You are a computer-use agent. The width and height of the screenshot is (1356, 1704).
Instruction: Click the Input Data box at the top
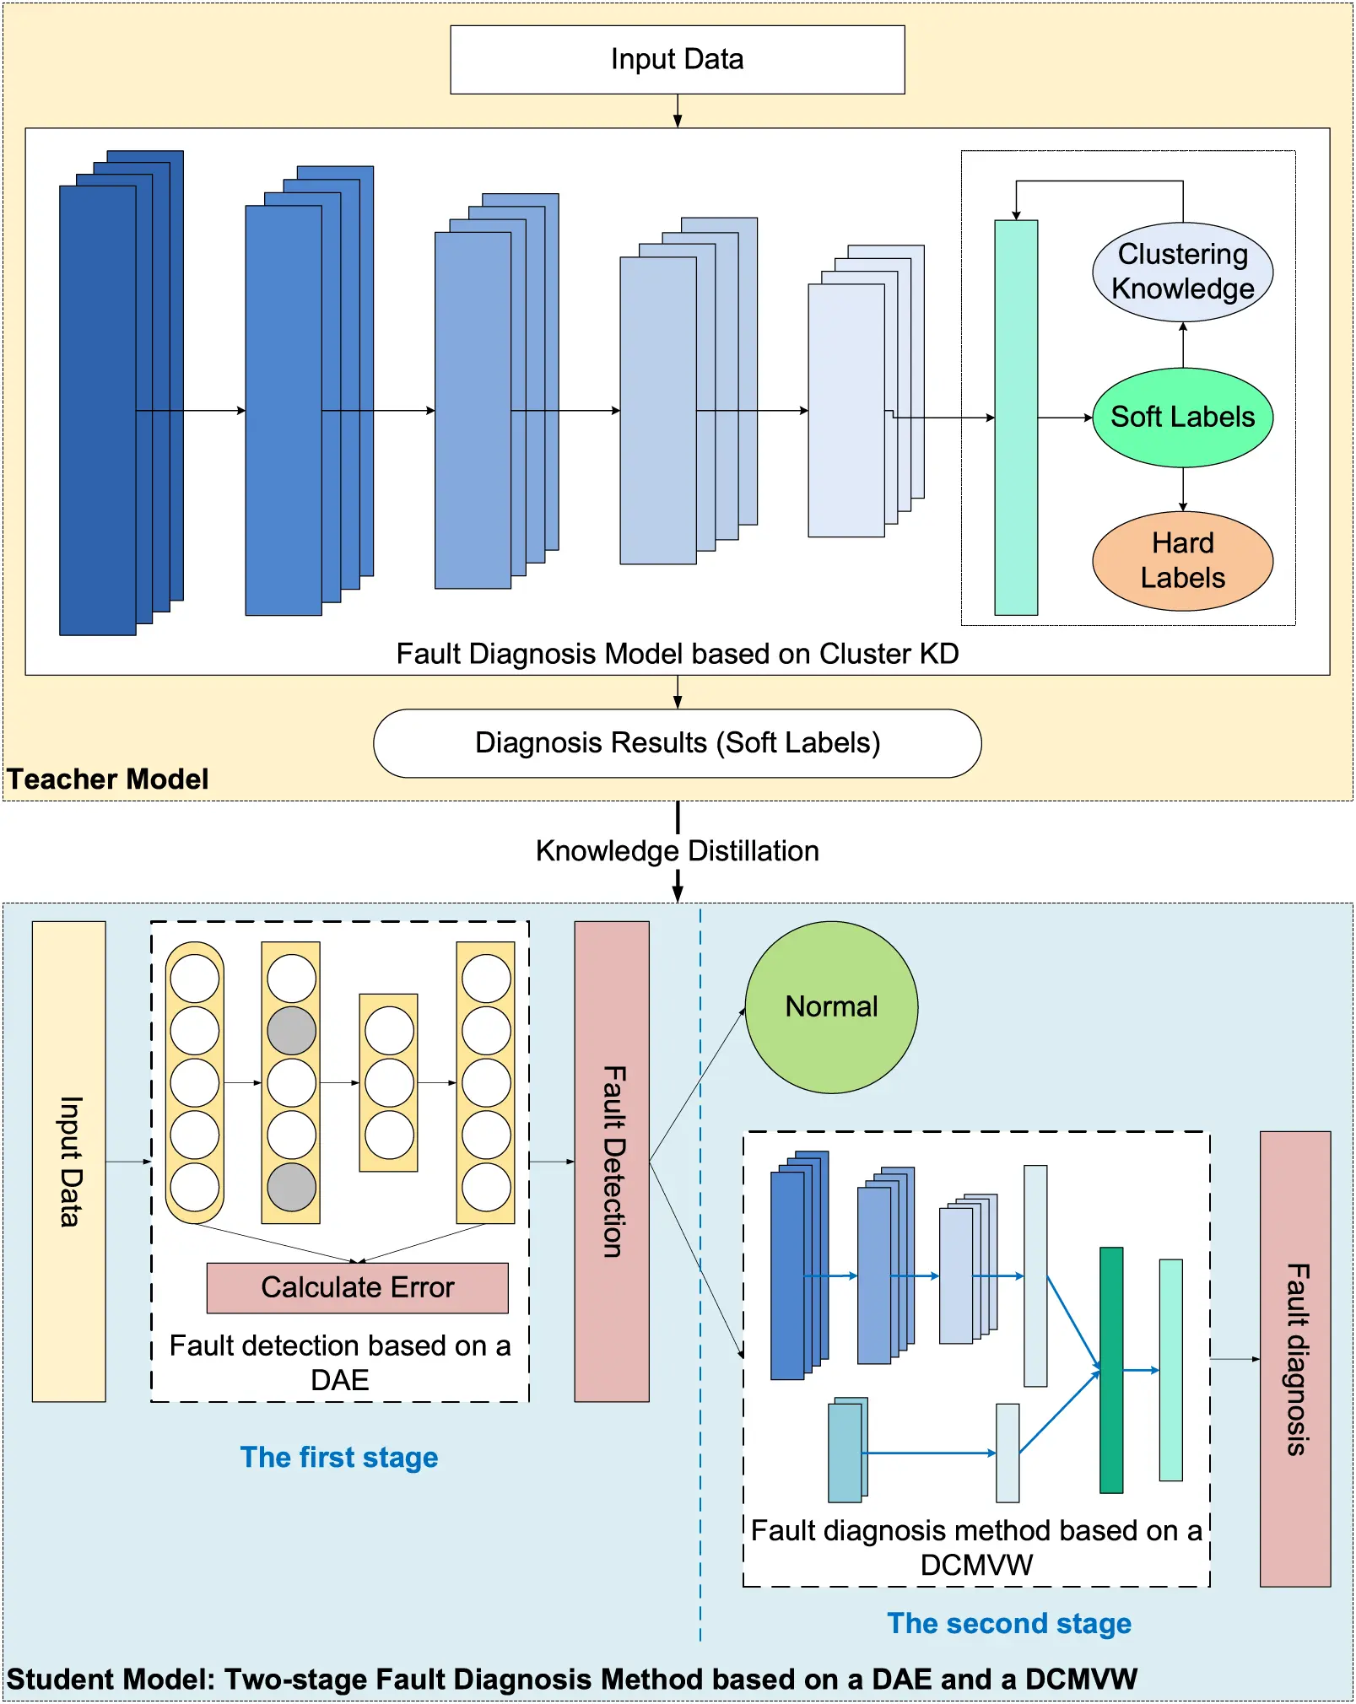click(x=677, y=59)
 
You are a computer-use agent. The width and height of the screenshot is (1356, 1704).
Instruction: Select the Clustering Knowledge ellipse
click(x=1182, y=272)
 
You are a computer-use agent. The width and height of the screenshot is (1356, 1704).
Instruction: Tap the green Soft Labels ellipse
click(x=1182, y=417)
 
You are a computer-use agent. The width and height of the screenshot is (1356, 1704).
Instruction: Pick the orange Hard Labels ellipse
click(x=1182, y=560)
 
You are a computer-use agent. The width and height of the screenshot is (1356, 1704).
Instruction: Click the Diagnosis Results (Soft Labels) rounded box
click(x=677, y=742)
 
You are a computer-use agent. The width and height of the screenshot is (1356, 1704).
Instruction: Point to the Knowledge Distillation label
click(x=677, y=850)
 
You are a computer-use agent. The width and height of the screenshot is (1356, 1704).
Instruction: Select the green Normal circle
click(x=831, y=1006)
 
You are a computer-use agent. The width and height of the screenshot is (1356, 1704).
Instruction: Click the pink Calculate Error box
click(x=357, y=1287)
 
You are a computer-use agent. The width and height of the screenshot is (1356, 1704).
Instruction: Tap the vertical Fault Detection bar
click(x=612, y=1161)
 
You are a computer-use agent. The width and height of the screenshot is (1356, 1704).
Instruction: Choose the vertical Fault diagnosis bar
click(x=1294, y=1358)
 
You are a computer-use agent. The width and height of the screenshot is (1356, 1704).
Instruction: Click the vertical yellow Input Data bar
click(x=69, y=1161)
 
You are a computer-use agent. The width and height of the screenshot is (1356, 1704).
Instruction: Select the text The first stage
click(x=339, y=1457)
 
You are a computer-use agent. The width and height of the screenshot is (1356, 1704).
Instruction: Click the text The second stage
click(x=1008, y=1623)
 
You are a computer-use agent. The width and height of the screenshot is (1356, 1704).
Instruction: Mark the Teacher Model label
click(x=107, y=779)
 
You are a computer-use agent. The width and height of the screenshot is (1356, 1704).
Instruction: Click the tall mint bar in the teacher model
click(x=1016, y=417)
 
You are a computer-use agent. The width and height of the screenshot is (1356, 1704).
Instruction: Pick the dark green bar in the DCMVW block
click(x=1111, y=1370)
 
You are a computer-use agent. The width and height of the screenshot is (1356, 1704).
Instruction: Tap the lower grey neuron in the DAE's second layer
click(x=291, y=1187)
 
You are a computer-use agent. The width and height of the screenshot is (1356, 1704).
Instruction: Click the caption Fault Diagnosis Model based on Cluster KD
click(x=677, y=654)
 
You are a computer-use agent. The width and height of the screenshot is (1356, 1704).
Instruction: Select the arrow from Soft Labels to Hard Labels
click(x=1183, y=489)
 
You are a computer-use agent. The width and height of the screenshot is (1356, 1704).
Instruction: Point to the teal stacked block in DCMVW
click(x=845, y=1451)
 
